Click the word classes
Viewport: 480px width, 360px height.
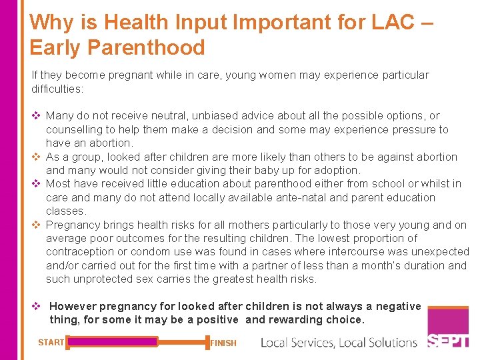pyautogui.click(x=66, y=211)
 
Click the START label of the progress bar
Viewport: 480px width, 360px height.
pyautogui.click(x=51, y=343)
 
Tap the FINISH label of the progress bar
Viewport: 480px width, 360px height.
pyautogui.click(x=223, y=343)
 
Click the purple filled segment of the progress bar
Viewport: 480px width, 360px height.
pyautogui.click(x=113, y=342)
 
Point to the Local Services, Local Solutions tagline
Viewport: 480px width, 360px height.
pyautogui.click(x=339, y=343)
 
